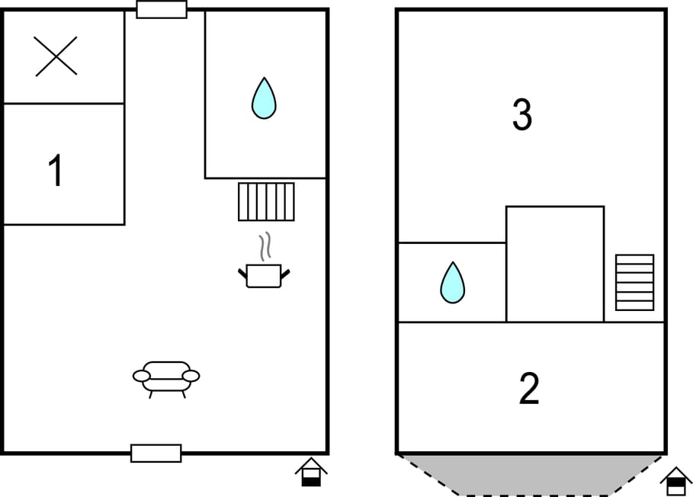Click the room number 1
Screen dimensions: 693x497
[x=56, y=171]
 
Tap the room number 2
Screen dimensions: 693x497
[x=529, y=388]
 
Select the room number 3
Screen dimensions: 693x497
[x=522, y=114]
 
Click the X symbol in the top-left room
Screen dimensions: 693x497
[x=56, y=56]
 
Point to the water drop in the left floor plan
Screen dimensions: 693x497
[x=264, y=98]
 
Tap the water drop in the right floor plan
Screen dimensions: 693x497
[x=453, y=283]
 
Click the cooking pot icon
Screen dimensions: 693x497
[x=264, y=276]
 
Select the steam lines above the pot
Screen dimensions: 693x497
[x=265, y=246]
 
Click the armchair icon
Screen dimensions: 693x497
[x=166, y=380]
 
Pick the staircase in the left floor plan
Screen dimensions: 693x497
[x=267, y=201]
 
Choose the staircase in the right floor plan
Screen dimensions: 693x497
[x=634, y=282]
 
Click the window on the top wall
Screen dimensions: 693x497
[x=162, y=9]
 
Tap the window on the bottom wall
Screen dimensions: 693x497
[x=156, y=454]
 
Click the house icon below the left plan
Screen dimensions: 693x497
[x=311, y=472]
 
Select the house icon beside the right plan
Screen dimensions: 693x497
[x=676, y=482]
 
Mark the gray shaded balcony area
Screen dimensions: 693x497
[x=531, y=474]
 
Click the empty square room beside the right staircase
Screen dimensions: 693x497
[x=555, y=264]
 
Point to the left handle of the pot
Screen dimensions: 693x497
[x=242, y=274]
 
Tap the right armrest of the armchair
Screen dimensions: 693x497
[x=191, y=376]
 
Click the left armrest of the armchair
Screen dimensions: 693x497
[x=142, y=376]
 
